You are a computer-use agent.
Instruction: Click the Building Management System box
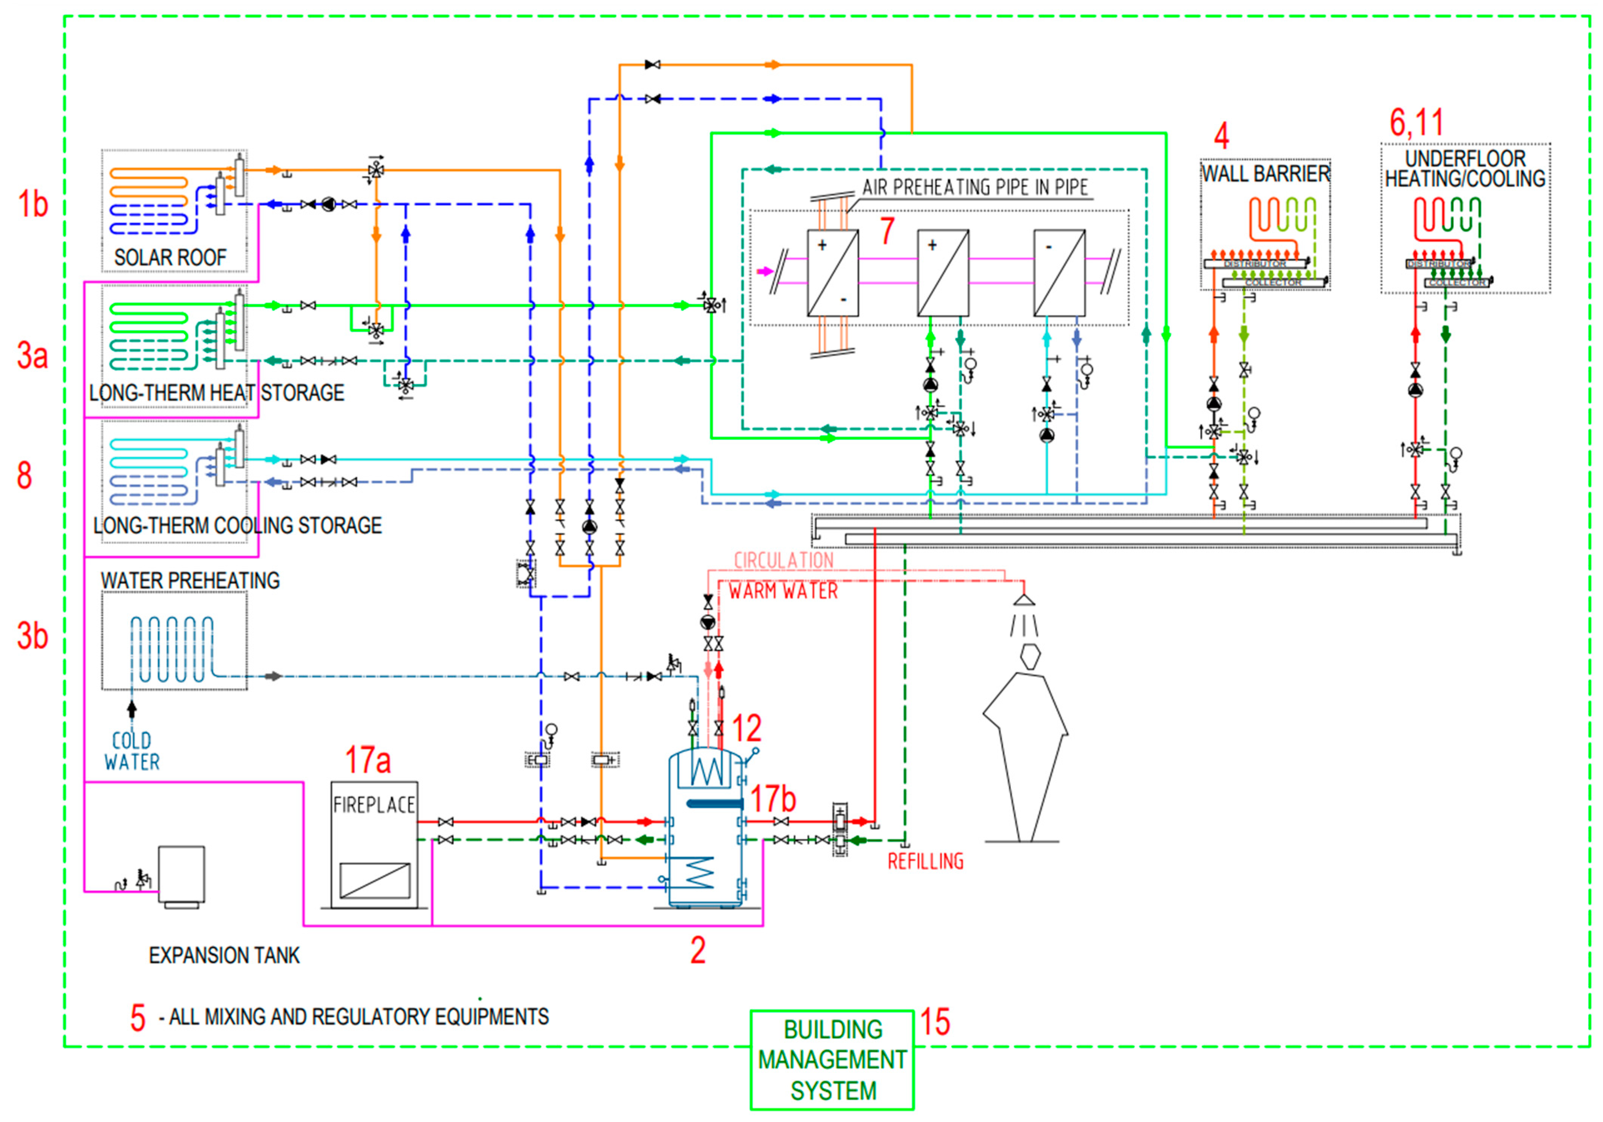(832, 1059)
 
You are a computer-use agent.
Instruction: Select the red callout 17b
(773, 798)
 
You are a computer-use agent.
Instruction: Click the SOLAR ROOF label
(170, 258)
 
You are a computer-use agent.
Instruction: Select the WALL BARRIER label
(1265, 173)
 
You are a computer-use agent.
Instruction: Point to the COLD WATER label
(132, 751)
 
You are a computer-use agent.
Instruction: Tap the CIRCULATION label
(783, 560)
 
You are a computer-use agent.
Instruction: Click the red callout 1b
(33, 204)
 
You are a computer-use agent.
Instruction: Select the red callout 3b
(33, 636)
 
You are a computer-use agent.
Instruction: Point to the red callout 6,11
(1416, 123)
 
